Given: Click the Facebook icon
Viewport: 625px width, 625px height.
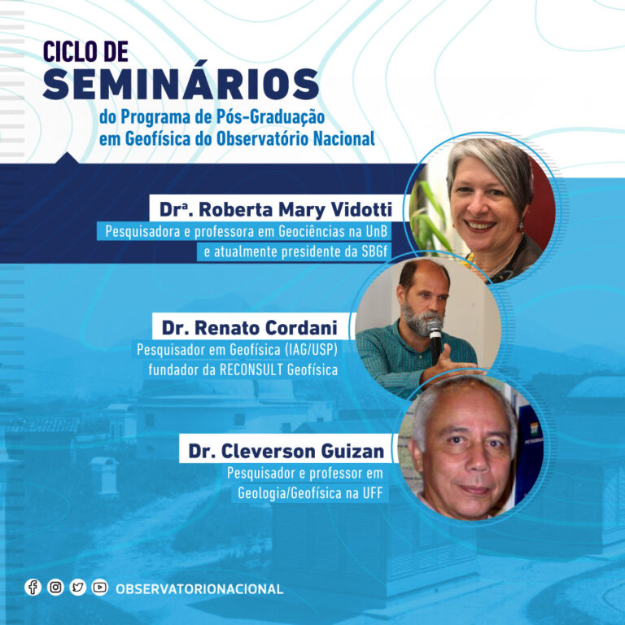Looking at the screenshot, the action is pos(33,587).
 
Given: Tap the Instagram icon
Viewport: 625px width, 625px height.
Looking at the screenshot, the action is pos(55,587).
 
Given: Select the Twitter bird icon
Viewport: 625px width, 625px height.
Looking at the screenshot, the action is pos(78,587).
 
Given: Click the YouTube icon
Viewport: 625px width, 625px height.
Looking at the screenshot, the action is pos(99,587).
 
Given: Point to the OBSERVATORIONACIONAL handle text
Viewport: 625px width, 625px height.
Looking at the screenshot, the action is pos(199,588).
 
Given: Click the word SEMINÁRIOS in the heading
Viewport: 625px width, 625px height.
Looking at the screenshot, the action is pos(181,84).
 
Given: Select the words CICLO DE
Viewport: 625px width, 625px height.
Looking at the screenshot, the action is pos(85,51).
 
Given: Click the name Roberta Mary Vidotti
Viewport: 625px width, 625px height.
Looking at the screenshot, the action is pos(295,210).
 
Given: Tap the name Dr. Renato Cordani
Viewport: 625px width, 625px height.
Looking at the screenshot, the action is pos(250,328).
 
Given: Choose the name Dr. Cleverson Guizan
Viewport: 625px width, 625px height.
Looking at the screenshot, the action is pos(286,451).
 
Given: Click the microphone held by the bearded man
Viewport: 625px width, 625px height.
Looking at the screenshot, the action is pos(435,339).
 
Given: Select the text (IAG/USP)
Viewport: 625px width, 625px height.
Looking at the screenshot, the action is pos(311,350).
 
